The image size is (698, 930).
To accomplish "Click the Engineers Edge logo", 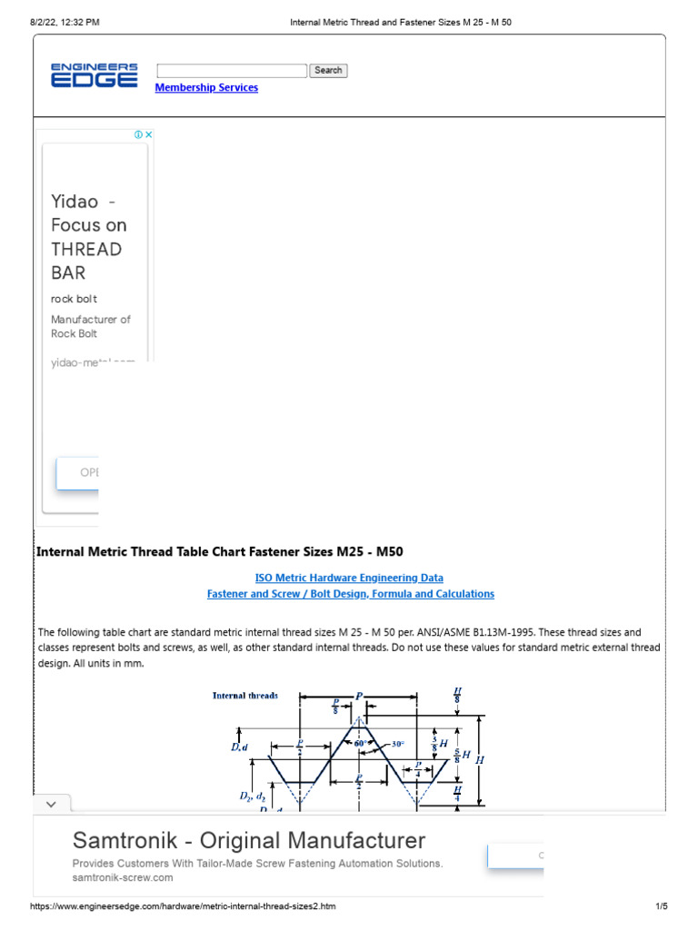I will [x=94, y=75].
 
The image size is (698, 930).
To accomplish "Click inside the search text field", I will [x=232, y=71].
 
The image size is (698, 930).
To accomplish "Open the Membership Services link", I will [x=206, y=88].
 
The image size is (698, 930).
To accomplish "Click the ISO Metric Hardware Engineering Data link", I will [x=350, y=578].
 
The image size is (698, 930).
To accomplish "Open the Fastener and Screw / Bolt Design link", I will [x=350, y=594].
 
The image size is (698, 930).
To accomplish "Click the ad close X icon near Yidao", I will [x=148, y=134].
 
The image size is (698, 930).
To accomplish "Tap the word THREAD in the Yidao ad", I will [x=86, y=249].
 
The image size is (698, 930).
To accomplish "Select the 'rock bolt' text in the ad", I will [x=74, y=299].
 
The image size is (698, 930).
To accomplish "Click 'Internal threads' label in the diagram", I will [x=245, y=696].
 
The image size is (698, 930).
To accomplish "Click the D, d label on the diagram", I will [x=237, y=747].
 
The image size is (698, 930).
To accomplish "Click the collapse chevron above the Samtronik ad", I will [x=52, y=805].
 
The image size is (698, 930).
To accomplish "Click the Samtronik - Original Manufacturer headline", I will [x=248, y=839].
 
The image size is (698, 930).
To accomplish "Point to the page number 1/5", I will [x=661, y=906].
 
